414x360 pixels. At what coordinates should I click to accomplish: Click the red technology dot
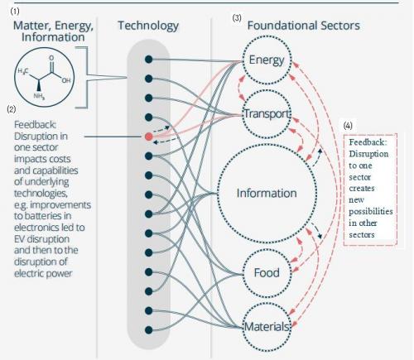(x=149, y=137)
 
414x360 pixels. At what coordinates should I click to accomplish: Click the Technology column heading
(x=148, y=26)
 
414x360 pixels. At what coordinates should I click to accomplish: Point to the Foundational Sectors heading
(x=303, y=26)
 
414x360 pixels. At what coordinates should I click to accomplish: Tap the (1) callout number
(x=15, y=12)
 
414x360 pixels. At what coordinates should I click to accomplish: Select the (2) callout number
(x=12, y=109)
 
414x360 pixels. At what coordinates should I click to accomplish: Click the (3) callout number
(x=237, y=18)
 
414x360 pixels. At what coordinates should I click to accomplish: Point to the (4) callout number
(x=348, y=126)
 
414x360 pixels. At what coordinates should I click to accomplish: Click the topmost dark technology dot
(x=149, y=59)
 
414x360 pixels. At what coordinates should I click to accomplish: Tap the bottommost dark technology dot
(x=149, y=330)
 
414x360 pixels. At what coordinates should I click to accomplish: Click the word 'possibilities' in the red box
(x=371, y=212)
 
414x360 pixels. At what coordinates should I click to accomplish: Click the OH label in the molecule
(x=66, y=81)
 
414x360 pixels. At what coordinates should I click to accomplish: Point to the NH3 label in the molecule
(x=39, y=97)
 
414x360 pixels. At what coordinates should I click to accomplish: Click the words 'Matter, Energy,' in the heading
(x=53, y=26)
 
